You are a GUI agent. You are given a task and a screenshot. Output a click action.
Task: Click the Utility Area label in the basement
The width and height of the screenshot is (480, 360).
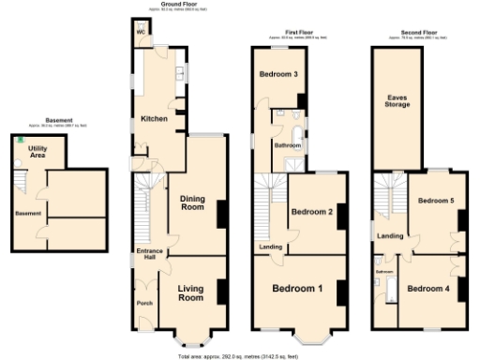38,153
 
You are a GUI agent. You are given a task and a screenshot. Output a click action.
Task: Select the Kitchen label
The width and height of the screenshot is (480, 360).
154,119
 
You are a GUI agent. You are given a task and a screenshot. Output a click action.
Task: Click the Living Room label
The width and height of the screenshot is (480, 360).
190,292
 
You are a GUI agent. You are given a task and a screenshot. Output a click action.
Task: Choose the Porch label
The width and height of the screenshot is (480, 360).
145,303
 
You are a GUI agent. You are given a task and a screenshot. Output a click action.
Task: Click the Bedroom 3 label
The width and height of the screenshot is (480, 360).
279,75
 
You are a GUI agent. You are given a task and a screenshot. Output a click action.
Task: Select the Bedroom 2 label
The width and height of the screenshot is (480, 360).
312,212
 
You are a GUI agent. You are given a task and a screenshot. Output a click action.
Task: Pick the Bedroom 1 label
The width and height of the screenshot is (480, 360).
299,288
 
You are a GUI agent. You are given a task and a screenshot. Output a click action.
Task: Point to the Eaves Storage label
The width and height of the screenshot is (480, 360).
397,102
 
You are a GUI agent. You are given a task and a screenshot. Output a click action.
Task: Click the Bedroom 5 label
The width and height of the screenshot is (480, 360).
435,201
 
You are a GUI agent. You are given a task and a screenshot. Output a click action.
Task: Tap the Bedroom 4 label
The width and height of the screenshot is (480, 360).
427,288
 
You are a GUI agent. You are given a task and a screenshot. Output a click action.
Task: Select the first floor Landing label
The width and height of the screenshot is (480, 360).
271,247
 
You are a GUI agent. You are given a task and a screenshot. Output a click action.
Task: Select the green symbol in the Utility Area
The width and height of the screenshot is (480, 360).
19,140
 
